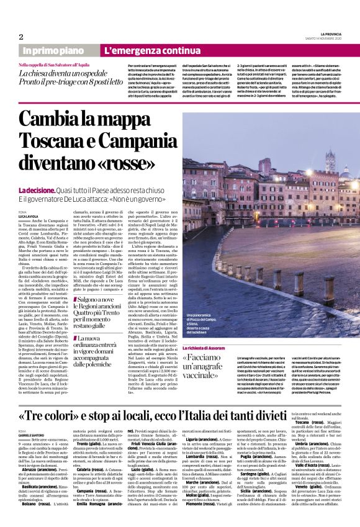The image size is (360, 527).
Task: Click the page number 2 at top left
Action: point(21,37)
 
